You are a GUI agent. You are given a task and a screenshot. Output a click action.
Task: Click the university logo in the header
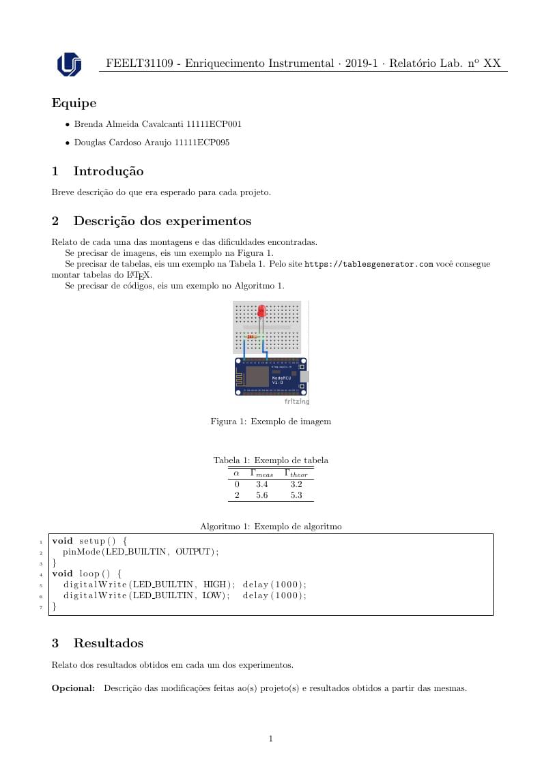[69, 64]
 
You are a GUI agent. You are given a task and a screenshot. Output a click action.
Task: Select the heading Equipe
[74, 104]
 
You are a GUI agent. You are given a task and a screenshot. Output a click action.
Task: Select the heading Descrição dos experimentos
[162, 221]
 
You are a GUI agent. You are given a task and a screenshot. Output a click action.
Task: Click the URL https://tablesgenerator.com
[369, 264]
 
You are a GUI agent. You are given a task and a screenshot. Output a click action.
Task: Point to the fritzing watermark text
[296, 402]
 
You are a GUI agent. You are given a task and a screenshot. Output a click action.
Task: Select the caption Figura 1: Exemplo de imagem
[270, 422]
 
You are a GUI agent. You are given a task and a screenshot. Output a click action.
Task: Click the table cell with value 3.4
[261, 484]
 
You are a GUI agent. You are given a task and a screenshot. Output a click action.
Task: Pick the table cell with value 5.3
[296, 495]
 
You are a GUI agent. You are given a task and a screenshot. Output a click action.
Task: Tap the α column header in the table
[236, 473]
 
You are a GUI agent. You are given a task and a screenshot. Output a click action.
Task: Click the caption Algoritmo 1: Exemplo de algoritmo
[270, 527]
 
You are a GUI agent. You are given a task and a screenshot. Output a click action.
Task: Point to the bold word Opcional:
[73, 688]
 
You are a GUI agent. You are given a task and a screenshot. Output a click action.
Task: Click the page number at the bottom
[271, 738]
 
